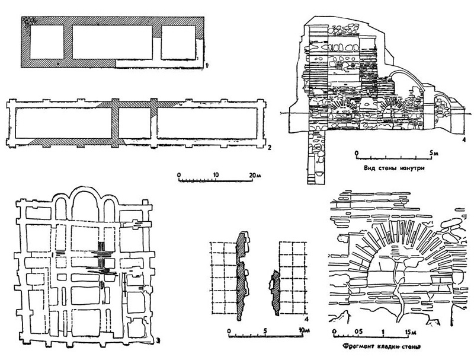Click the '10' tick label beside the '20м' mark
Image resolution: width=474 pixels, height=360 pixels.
pos(216,176)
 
